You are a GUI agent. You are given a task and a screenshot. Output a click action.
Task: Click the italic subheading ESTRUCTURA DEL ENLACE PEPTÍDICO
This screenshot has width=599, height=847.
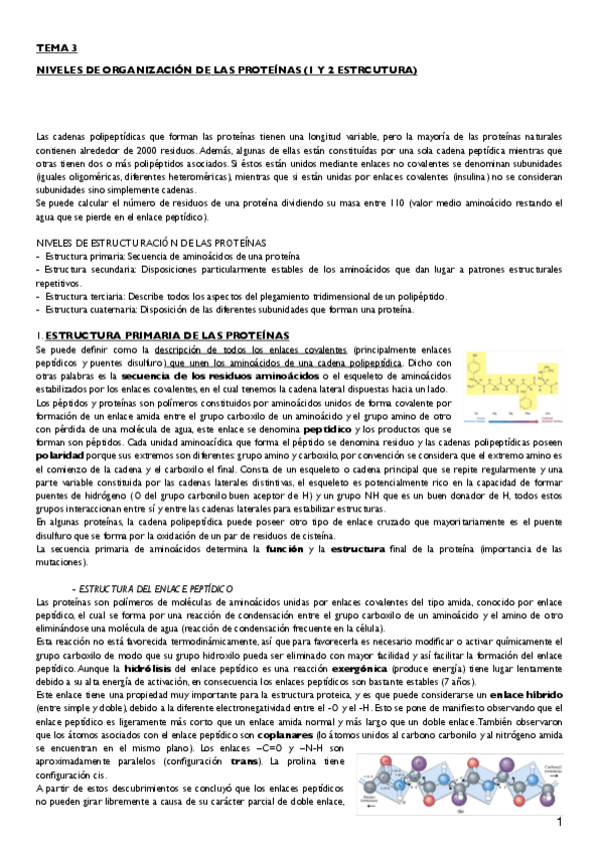pos(152,588)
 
